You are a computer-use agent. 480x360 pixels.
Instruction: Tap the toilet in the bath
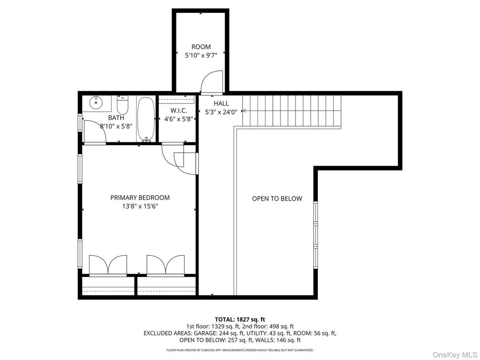[123, 106]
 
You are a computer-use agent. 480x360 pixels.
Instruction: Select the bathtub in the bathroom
[146, 119]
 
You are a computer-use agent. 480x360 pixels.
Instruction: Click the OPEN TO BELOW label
[277, 198]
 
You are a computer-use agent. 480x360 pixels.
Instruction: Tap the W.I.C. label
[178, 110]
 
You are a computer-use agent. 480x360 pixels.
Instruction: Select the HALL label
[221, 103]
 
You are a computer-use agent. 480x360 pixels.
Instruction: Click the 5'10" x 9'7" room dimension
[201, 56]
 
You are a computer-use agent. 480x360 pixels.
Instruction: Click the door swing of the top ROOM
[210, 82]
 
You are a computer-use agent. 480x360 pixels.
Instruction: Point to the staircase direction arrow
[244, 111]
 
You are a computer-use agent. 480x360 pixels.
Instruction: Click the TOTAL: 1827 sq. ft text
[240, 319]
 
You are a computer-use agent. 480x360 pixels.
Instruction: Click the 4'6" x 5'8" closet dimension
[178, 119]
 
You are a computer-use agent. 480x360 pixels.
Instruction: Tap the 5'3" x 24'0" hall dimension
[221, 112]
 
